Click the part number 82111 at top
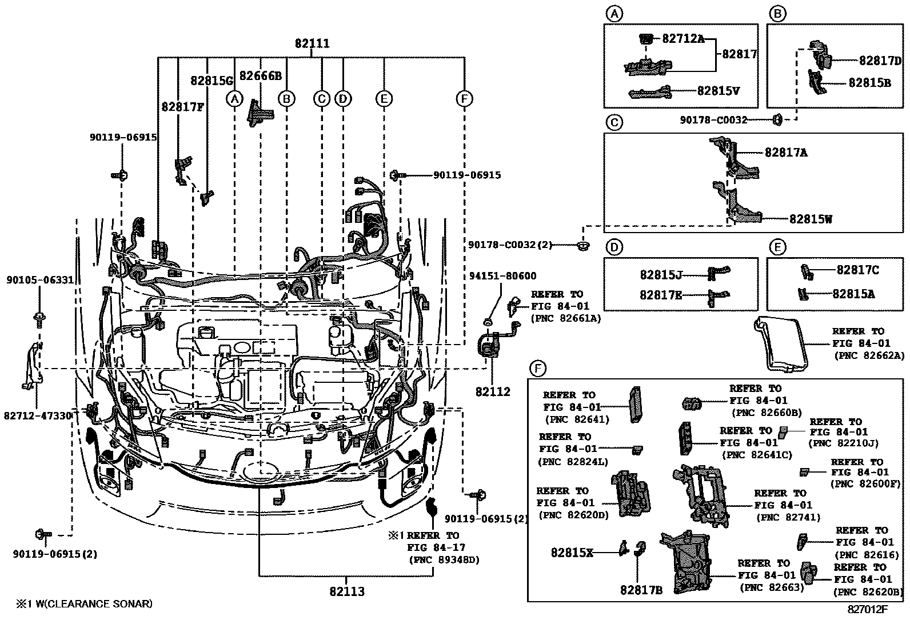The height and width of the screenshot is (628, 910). (312, 43)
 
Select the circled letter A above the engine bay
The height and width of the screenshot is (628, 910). (234, 99)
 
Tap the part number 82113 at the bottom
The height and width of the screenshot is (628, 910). (346, 591)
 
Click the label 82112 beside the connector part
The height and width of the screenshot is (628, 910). (492, 392)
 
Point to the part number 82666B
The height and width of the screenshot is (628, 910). (261, 76)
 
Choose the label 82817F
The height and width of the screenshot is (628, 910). (183, 106)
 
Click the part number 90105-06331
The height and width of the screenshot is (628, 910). (40, 280)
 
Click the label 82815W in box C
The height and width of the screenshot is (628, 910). (811, 218)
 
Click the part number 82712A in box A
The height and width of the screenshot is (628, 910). (683, 38)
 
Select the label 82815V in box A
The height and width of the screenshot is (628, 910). (719, 90)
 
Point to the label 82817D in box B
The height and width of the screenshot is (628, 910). (880, 61)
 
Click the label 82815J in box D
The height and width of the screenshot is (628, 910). (661, 275)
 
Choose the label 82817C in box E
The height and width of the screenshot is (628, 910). (857, 270)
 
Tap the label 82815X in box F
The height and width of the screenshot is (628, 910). (572, 553)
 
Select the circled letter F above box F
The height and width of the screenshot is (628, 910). (536, 369)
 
